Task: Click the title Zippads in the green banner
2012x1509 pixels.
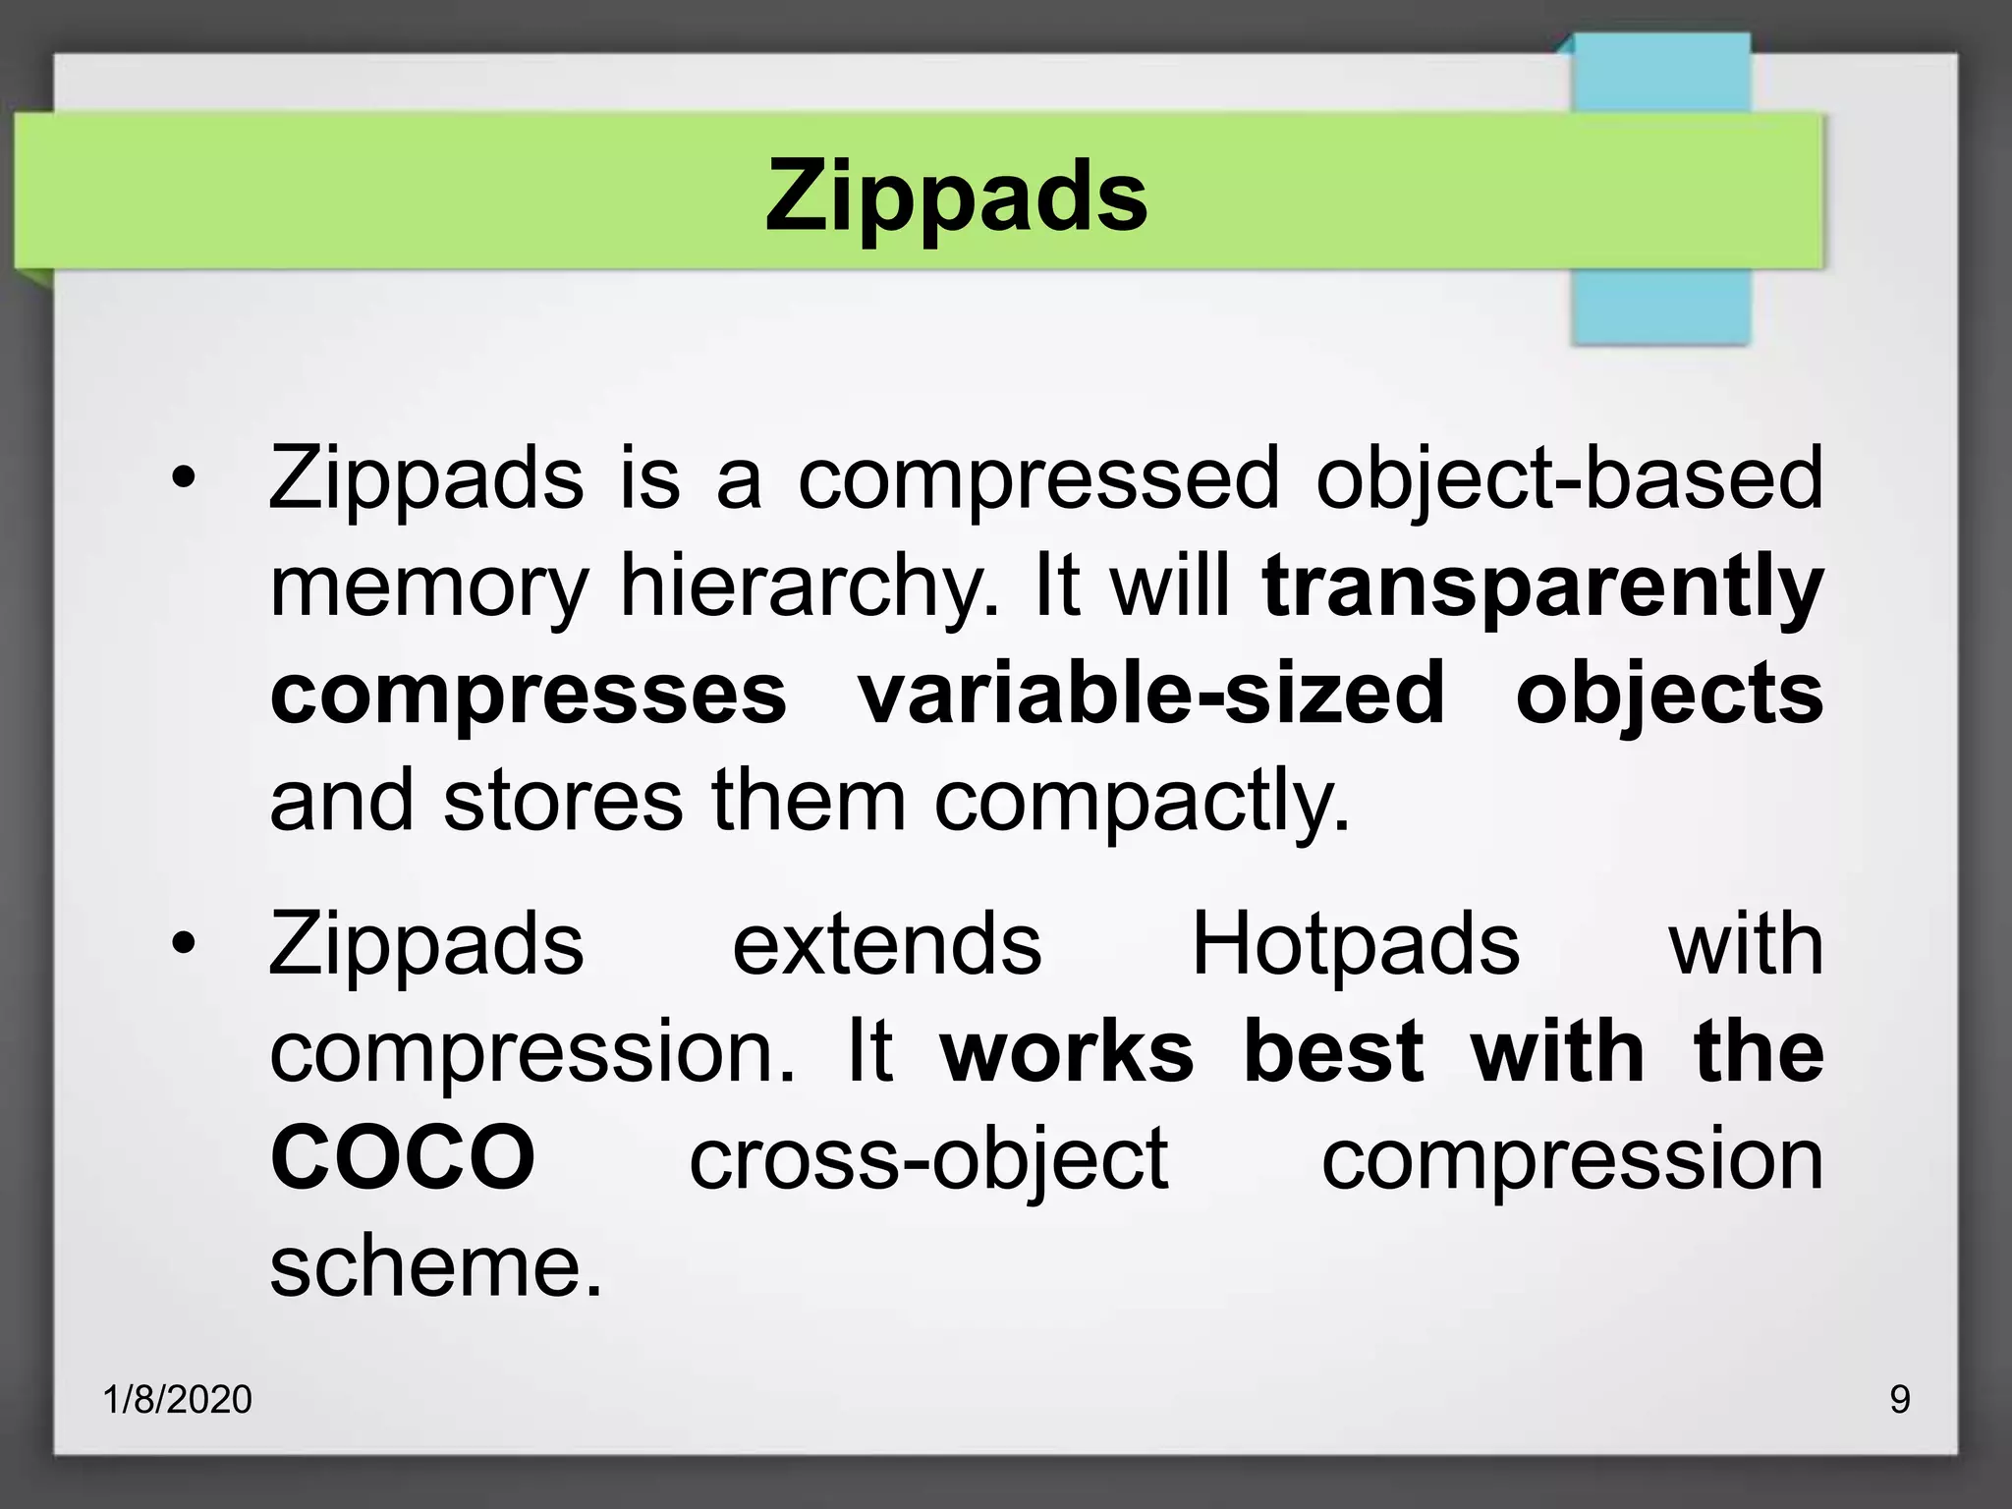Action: pos(956,196)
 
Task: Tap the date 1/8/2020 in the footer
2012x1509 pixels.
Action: pos(178,1399)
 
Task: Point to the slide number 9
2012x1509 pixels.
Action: pos(1900,1399)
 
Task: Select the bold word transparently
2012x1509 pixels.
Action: pos(1542,587)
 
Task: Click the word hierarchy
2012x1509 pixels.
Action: pos(809,587)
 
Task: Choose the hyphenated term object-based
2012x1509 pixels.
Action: pos(1569,479)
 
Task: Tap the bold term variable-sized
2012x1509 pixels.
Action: pos(1151,694)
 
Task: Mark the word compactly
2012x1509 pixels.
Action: pos(1142,802)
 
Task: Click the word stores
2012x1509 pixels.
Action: pos(563,800)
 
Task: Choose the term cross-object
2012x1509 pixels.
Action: pos(928,1159)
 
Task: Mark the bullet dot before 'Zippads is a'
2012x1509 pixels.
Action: pos(183,479)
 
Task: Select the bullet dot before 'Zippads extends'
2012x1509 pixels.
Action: pos(183,944)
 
